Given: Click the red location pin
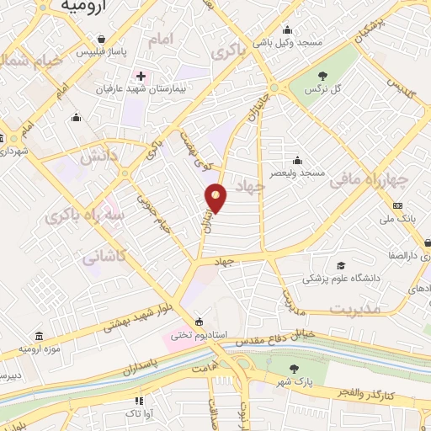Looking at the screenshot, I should click(216, 198).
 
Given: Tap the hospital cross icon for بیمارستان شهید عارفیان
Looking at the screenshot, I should click(141, 77).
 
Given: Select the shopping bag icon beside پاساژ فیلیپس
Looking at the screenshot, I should click(101, 40).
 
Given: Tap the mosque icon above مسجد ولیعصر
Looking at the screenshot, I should click(296, 161).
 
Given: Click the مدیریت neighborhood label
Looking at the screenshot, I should click(355, 309).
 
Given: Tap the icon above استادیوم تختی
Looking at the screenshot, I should click(199, 321).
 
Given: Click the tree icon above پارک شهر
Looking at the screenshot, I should click(293, 369).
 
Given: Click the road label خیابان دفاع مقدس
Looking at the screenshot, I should click(315, 335).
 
